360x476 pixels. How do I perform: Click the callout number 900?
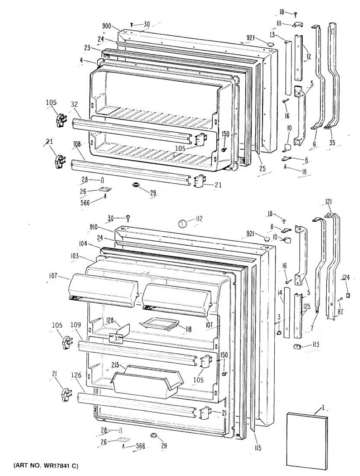[106, 26]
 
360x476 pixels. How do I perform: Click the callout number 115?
[258, 448]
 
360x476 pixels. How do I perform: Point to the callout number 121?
[329, 202]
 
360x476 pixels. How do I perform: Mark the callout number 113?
[316, 344]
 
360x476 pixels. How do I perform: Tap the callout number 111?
[279, 24]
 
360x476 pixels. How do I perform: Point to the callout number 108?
[77, 145]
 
